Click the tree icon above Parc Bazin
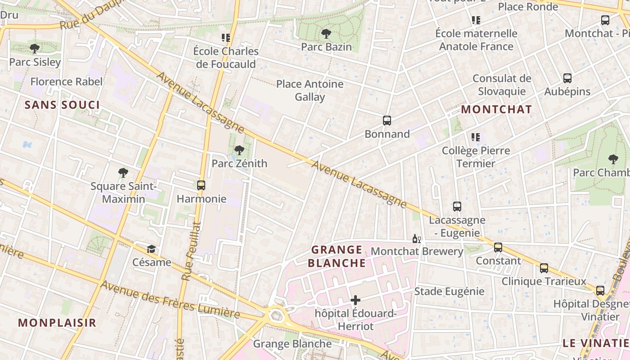coord(326,33)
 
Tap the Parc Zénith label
coord(239,163)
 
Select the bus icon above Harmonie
coord(201,185)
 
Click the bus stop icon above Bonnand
coord(387,121)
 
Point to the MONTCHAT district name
coord(496,109)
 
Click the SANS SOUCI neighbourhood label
coord(62,105)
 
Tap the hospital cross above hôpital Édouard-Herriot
coord(355,300)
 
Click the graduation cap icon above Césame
coord(152,249)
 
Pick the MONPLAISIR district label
coord(57,323)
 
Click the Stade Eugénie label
coord(449,291)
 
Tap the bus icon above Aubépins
coord(567,78)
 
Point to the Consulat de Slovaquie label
coord(502,85)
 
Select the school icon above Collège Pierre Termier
coord(476,137)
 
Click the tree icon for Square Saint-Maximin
coord(123,172)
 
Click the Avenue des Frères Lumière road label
coord(170,299)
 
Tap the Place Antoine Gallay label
coord(310,90)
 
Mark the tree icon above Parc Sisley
coord(35,49)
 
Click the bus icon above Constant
coord(498,247)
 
